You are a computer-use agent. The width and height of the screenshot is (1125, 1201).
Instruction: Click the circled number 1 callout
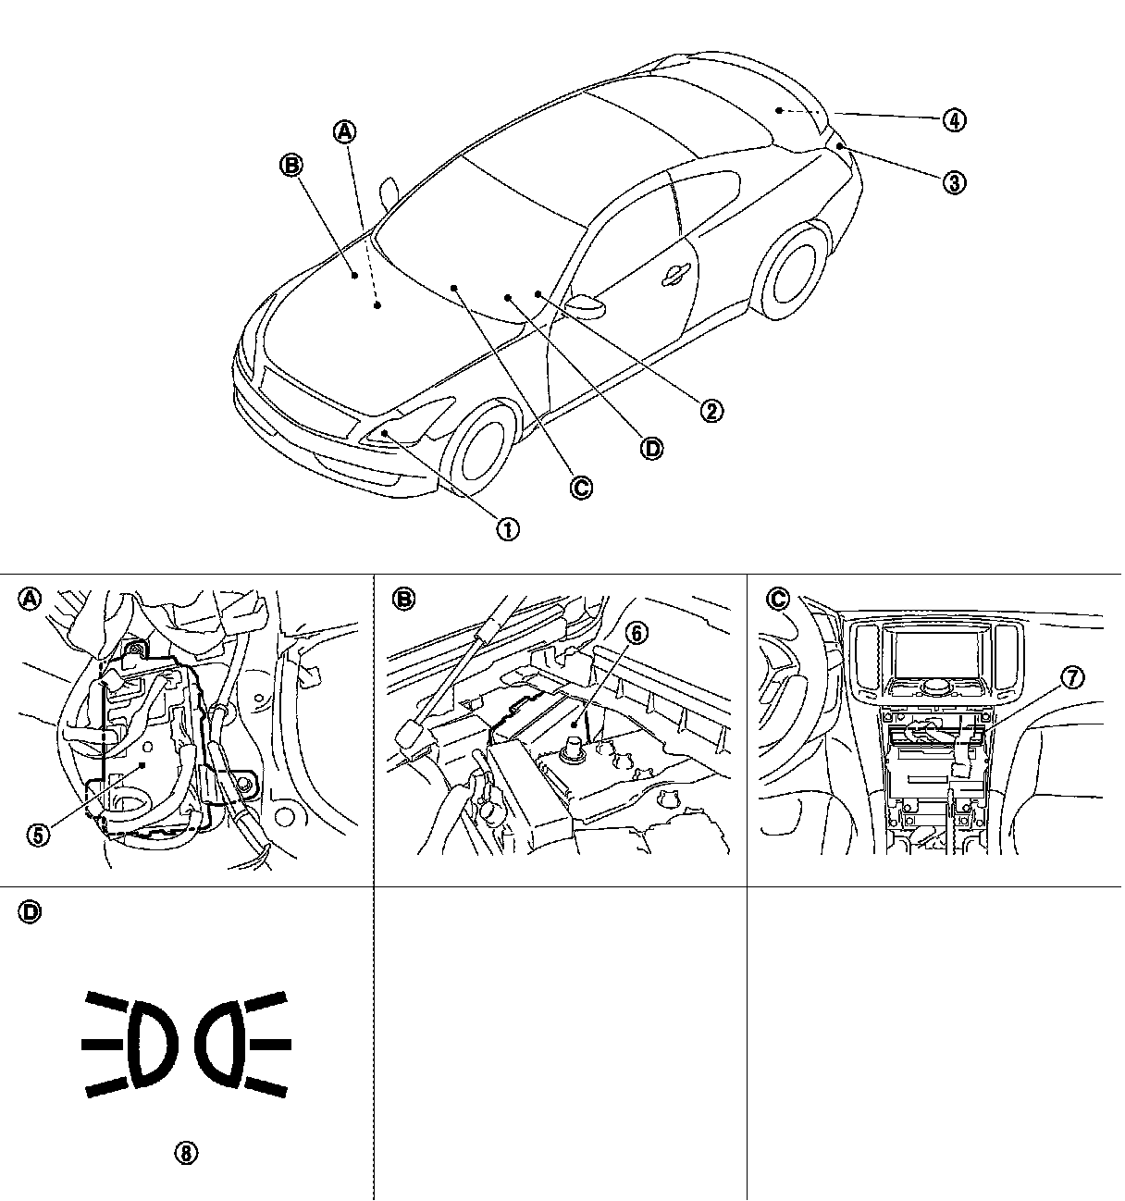508,529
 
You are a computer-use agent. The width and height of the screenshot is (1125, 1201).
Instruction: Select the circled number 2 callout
711,410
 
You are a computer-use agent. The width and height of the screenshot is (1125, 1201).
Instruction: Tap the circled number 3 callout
954,181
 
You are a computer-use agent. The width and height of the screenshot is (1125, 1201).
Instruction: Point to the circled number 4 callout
954,119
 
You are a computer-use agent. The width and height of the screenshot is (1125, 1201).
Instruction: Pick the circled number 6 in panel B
637,633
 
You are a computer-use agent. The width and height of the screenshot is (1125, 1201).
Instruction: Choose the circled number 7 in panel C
1071,677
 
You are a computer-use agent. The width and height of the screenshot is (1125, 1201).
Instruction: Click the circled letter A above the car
344,131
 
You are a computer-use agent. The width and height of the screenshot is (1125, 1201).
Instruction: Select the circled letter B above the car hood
291,166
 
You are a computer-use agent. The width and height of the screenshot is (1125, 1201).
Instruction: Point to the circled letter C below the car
581,487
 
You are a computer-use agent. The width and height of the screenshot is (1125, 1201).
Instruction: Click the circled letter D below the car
652,448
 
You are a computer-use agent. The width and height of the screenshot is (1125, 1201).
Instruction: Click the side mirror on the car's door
586,303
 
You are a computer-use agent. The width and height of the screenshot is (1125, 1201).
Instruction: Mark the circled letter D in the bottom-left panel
30,912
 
